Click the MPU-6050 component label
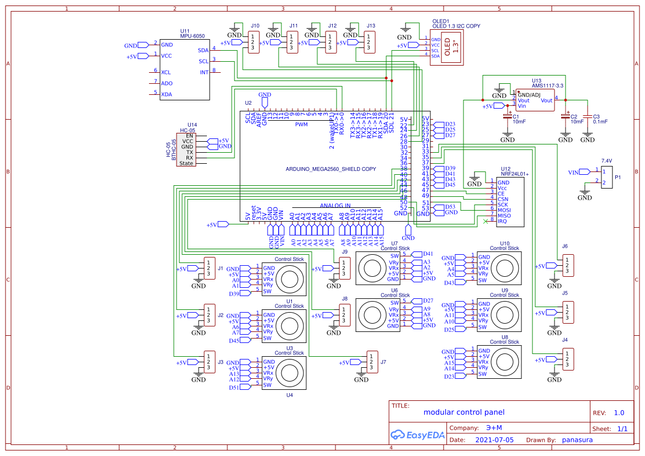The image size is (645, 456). click(x=193, y=36)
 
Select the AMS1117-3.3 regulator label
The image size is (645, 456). click(x=547, y=85)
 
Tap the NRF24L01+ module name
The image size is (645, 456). click(x=514, y=174)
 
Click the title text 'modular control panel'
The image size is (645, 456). click(x=463, y=412)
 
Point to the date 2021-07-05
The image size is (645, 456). click(x=494, y=440)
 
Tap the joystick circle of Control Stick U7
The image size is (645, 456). click(x=370, y=267)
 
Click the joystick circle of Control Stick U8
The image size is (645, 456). click(x=504, y=362)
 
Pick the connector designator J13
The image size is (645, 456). click(x=371, y=26)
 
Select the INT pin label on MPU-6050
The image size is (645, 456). click(x=204, y=72)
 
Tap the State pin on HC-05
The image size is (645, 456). click(x=186, y=163)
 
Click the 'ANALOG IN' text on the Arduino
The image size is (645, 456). click(x=335, y=206)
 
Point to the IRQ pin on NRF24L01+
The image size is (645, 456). click(x=502, y=222)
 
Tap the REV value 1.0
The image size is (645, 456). click(x=619, y=413)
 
